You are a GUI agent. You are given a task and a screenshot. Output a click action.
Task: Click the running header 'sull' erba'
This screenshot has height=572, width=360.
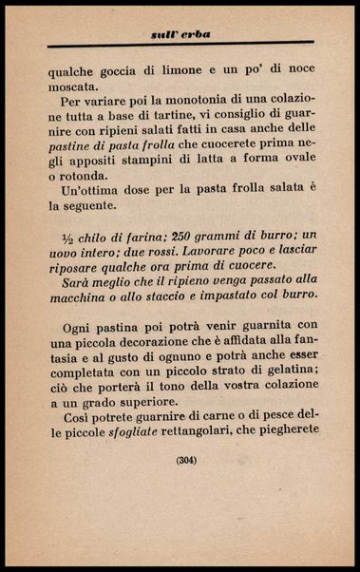coord(180,34)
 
